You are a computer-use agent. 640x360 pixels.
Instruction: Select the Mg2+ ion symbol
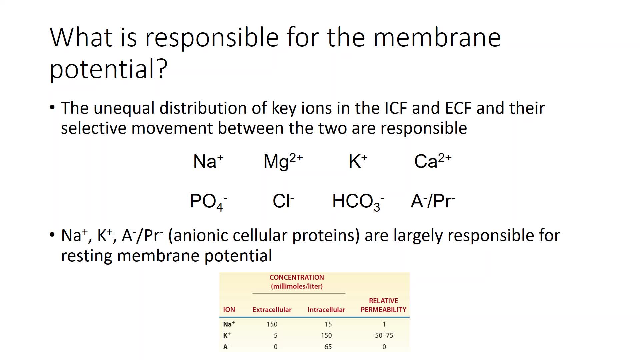click(x=283, y=161)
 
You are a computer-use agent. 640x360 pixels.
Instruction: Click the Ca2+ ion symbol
click(x=433, y=161)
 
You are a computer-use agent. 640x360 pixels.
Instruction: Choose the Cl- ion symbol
click(x=283, y=201)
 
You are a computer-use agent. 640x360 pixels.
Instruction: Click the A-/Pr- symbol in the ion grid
click(x=433, y=201)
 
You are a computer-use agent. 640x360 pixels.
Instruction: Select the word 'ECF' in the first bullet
click(x=458, y=108)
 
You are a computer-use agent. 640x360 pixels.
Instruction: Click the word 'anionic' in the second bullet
click(x=200, y=235)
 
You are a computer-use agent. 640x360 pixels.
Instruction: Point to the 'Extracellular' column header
click(x=272, y=310)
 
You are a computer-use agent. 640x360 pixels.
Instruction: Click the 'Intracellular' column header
click(x=326, y=310)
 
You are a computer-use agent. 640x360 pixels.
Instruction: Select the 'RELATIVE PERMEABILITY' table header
click(x=383, y=305)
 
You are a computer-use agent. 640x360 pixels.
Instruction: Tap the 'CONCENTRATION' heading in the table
click(x=297, y=277)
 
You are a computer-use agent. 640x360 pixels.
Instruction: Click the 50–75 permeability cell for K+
click(x=384, y=335)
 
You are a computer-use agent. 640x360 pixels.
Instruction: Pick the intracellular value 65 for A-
click(x=328, y=347)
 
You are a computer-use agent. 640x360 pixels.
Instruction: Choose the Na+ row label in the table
click(x=229, y=324)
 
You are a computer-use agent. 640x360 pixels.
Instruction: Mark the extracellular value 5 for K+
click(x=276, y=335)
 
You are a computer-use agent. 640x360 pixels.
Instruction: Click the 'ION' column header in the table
click(x=229, y=310)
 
